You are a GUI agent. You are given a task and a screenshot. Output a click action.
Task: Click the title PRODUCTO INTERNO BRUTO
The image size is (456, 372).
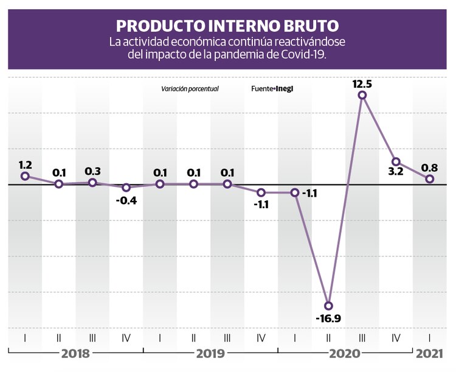pyautogui.click(x=227, y=26)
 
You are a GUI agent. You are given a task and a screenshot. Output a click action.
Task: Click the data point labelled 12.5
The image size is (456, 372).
pyautogui.click(x=362, y=95)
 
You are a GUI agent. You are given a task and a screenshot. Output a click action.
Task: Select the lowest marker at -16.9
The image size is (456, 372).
pyautogui.click(x=329, y=305)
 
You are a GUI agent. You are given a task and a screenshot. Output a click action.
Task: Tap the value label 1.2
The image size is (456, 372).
pyautogui.click(x=26, y=164)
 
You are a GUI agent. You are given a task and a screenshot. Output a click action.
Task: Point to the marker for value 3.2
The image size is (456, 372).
pyautogui.click(x=396, y=162)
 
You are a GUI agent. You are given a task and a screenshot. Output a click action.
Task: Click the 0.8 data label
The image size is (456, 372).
pyautogui.click(x=429, y=165)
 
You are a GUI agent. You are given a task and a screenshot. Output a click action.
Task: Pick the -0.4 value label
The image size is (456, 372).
pyautogui.click(x=126, y=200)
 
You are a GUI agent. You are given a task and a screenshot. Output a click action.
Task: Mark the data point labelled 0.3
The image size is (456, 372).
pyautogui.click(x=92, y=182)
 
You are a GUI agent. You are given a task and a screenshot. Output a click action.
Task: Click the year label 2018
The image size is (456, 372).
pyautogui.click(x=76, y=354)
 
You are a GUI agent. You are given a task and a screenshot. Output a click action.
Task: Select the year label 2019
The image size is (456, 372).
pyautogui.click(x=210, y=354)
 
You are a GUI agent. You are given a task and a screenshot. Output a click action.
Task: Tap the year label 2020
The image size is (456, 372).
pyautogui.click(x=345, y=354)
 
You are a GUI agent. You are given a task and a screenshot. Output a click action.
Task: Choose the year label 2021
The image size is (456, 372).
pyautogui.click(x=429, y=354)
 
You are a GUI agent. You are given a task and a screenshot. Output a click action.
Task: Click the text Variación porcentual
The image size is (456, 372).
pyautogui.click(x=190, y=89)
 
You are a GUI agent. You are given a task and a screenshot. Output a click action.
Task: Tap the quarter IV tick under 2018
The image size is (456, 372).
pyautogui.click(x=126, y=337)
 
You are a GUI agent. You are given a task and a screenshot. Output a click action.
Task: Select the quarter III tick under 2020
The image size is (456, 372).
pyautogui.click(x=362, y=337)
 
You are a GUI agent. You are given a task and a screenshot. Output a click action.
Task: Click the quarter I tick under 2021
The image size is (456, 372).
pyautogui.click(x=429, y=337)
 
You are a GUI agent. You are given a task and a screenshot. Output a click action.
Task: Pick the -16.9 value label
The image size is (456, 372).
pyautogui.click(x=329, y=318)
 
